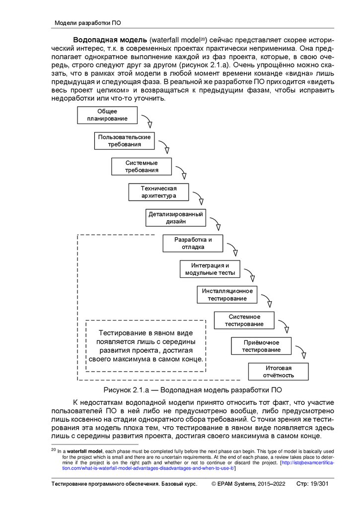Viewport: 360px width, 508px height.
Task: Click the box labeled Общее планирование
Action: (x=107, y=115)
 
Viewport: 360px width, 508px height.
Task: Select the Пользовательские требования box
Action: (x=125, y=140)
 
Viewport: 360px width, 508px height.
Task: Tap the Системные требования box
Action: (x=142, y=167)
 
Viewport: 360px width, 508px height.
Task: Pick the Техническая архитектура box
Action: (x=159, y=192)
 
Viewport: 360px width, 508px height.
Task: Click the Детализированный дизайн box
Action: (x=176, y=218)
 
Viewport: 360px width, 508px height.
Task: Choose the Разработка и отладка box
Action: (x=193, y=243)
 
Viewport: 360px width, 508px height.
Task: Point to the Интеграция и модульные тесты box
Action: (x=210, y=269)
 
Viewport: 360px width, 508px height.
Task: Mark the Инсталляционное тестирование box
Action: (x=227, y=294)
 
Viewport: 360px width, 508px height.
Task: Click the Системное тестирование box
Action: (x=244, y=320)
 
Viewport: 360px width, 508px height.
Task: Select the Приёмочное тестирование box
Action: (x=261, y=346)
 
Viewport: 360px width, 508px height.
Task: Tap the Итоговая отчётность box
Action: (x=278, y=371)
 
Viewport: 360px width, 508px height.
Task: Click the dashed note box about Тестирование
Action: (x=145, y=346)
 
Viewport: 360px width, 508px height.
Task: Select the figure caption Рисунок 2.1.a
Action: (x=193, y=389)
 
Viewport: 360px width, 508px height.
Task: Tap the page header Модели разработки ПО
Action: (x=87, y=23)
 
